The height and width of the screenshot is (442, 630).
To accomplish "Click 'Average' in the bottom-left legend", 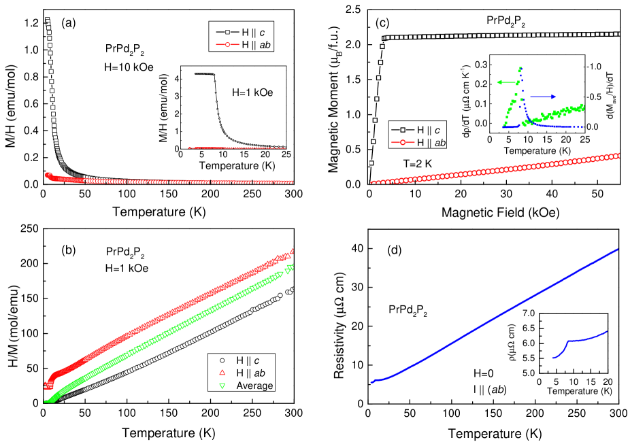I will [254, 386].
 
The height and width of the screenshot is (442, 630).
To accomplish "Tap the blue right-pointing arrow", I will [544, 97].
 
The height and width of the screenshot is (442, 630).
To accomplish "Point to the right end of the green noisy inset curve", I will [582, 107].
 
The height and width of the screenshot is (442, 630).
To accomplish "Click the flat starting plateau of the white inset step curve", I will [203, 73].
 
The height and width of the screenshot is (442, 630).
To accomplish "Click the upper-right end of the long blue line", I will [618, 249].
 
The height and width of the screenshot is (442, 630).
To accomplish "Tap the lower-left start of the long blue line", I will [372, 381].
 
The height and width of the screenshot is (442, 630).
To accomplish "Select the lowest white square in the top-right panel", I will [371, 163].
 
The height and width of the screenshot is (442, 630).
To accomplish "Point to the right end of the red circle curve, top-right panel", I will [618, 156].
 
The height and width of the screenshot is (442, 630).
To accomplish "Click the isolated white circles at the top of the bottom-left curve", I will [291, 291].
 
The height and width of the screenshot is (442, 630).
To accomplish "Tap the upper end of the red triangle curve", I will [293, 252].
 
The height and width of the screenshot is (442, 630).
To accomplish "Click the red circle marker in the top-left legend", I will [229, 45].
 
